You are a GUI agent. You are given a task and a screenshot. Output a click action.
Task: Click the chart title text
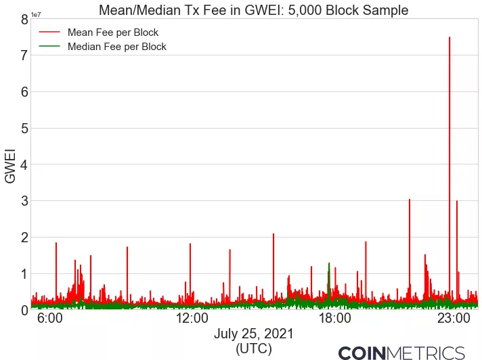[x=253, y=10]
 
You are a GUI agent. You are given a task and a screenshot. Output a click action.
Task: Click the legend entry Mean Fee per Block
[x=108, y=32]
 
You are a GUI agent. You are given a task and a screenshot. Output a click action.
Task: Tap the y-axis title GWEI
[x=11, y=165]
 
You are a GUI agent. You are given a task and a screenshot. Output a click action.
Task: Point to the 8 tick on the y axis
[x=24, y=20]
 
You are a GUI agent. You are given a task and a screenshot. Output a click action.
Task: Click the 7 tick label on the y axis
[x=24, y=55]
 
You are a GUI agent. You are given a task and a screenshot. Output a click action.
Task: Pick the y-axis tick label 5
[x=24, y=129]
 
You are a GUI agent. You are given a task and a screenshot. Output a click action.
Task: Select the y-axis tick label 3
[x=24, y=201]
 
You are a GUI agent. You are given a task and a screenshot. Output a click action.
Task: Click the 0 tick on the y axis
[x=24, y=310]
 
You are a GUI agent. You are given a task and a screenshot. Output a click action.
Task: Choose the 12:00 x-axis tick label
[x=192, y=318]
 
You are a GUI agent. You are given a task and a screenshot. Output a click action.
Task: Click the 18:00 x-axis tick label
[x=334, y=318]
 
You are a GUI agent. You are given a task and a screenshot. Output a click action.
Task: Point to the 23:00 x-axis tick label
[x=453, y=318]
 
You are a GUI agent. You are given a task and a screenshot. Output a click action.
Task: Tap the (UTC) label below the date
[x=253, y=348]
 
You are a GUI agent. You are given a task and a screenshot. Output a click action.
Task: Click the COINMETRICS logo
[x=401, y=353]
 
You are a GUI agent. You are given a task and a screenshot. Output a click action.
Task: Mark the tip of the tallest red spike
[x=449, y=37]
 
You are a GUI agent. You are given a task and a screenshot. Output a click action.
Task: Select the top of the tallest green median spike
[x=329, y=263]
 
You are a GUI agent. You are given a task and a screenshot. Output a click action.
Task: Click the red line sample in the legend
[x=49, y=32]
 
